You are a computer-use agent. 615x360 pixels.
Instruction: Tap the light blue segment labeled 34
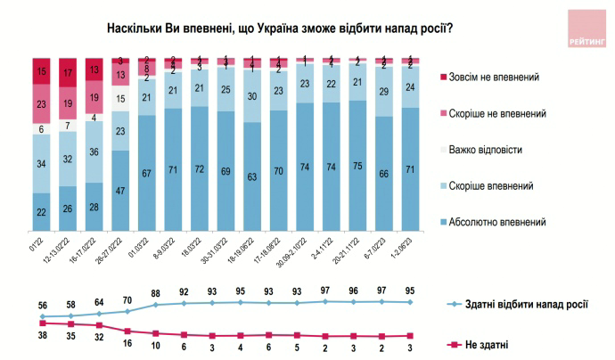[x=42, y=163]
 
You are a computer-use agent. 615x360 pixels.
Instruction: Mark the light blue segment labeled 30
[x=252, y=96]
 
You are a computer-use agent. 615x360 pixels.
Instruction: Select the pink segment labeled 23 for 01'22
[x=42, y=103]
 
